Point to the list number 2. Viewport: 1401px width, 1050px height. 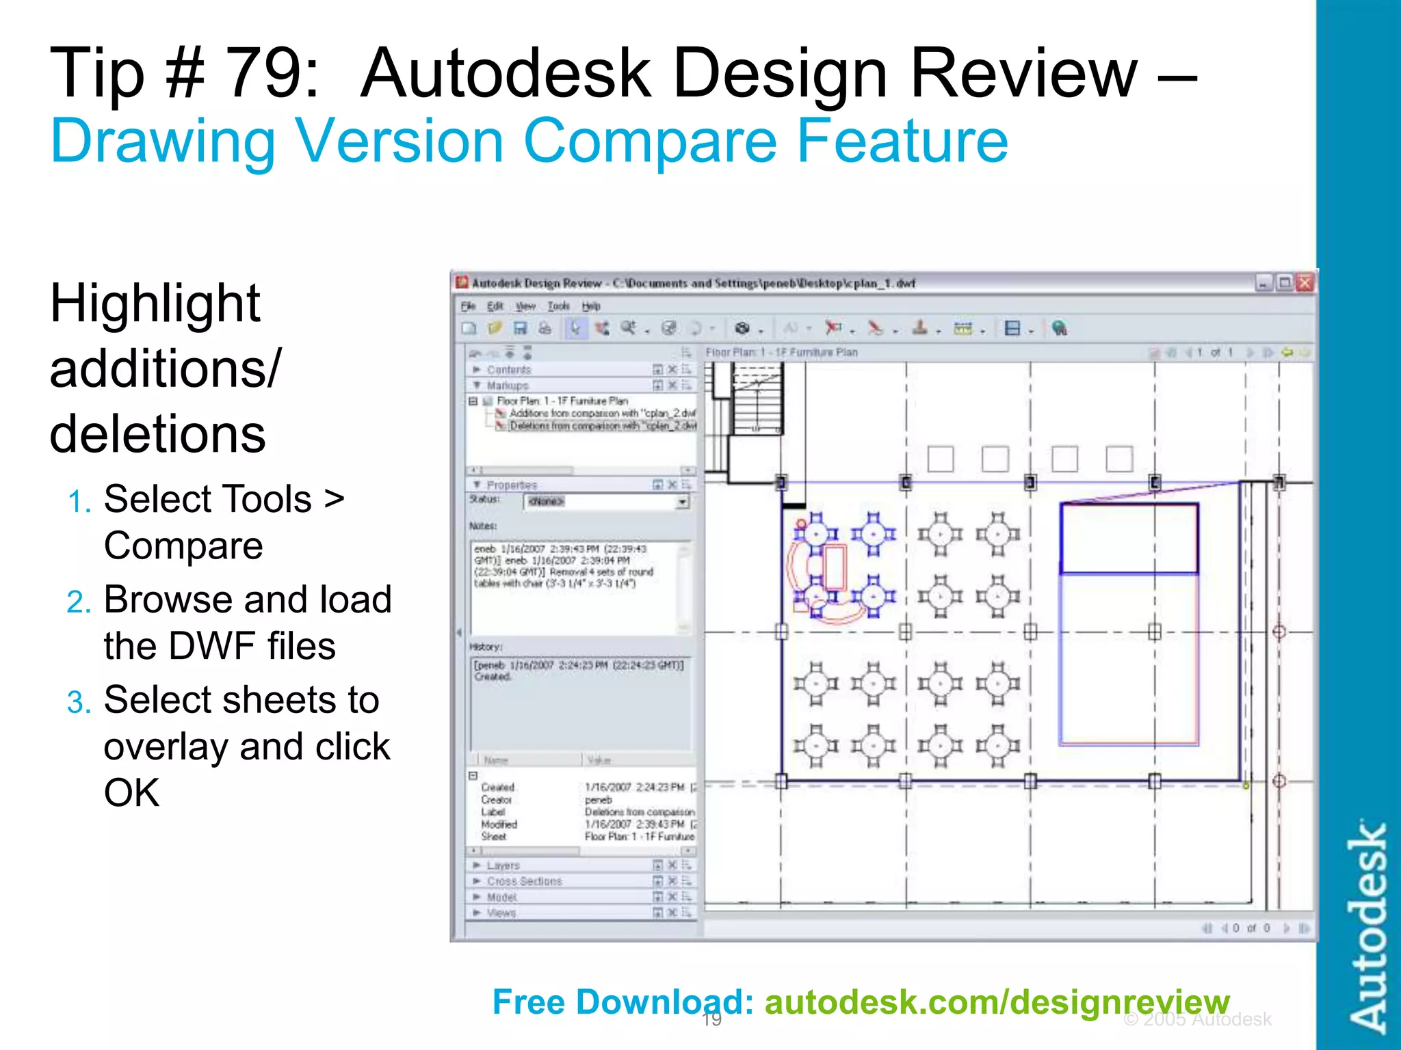coord(79,602)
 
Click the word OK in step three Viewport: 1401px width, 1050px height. coord(131,793)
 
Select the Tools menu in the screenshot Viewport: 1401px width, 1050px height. coord(558,306)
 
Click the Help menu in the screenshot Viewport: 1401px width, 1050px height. coord(591,306)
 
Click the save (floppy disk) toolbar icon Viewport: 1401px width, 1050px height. coord(521,329)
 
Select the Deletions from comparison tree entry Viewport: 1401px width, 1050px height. coord(602,426)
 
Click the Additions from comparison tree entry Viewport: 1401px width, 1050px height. coord(602,414)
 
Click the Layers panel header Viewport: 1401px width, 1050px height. coord(503,865)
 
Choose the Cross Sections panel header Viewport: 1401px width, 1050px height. coord(524,881)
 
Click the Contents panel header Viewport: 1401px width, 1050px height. coord(508,370)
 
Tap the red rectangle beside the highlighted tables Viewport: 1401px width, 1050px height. coord(834,567)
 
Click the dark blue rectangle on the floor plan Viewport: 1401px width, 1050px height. coord(1129,538)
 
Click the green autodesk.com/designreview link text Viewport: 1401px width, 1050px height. coord(997,1003)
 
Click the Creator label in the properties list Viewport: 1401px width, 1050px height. coord(496,800)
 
